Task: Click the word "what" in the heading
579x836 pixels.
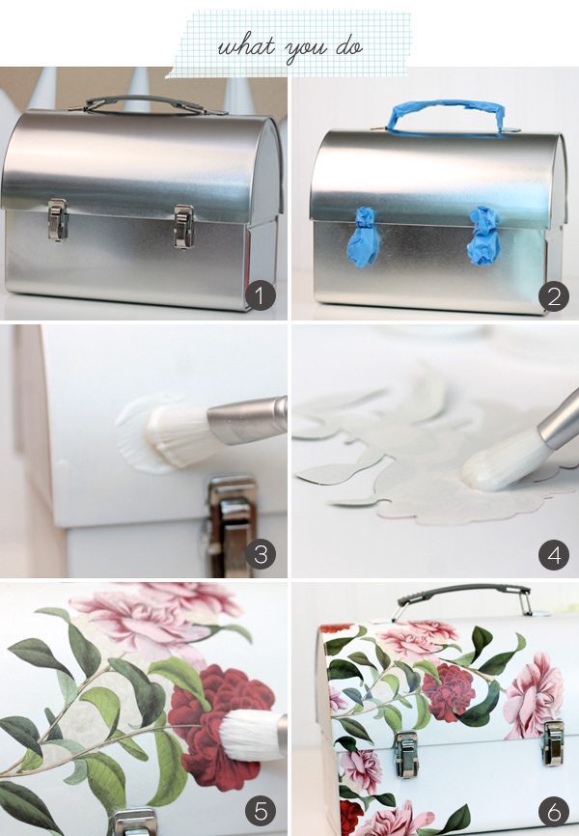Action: pyautogui.click(x=246, y=46)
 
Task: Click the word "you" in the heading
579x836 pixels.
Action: pyautogui.click(x=306, y=50)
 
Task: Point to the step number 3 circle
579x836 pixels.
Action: pyautogui.click(x=261, y=554)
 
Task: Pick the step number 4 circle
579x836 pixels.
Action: pyautogui.click(x=554, y=555)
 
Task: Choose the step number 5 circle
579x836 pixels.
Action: pyautogui.click(x=261, y=810)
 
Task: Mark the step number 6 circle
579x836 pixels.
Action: pyautogui.click(x=554, y=812)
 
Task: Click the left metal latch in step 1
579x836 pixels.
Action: pyautogui.click(x=57, y=218)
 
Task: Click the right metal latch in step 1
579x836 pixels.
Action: pyautogui.click(x=183, y=226)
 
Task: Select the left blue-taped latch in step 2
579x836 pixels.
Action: pyautogui.click(x=363, y=237)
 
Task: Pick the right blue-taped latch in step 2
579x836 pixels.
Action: pyautogui.click(x=484, y=236)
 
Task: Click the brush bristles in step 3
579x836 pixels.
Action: pyautogui.click(x=176, y=435)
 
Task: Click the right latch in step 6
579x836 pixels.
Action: pyautogui.click(x=553, y=742)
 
